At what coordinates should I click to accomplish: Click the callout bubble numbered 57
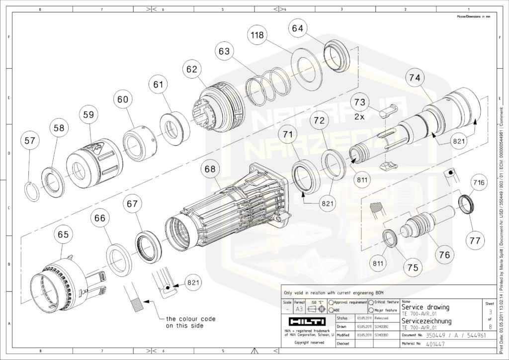30,141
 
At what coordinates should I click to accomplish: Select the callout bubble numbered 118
257,35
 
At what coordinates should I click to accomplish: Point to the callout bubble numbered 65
65,234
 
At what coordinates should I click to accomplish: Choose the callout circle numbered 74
415,78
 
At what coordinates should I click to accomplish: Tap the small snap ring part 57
32,191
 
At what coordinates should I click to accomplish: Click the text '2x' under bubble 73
359,117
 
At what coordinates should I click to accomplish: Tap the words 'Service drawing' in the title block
425,307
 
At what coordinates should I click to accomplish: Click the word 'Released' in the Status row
382,318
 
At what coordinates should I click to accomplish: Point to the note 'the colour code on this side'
191,322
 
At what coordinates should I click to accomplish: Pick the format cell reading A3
299,309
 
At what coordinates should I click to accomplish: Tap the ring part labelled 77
466,204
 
